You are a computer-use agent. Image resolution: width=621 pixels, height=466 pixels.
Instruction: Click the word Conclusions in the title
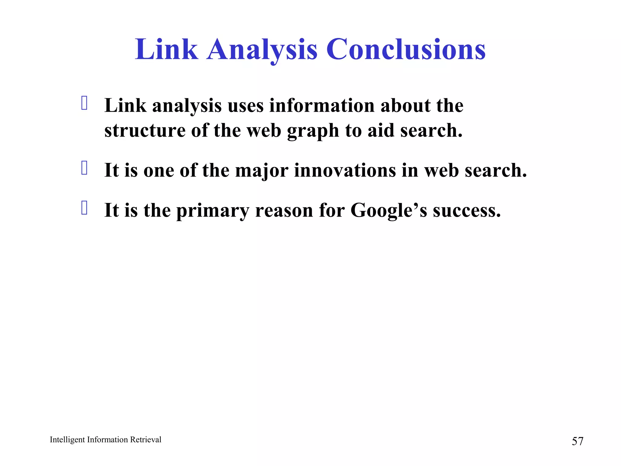tap(406, 49)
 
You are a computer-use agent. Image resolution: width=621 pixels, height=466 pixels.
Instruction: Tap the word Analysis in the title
tap(262, 49)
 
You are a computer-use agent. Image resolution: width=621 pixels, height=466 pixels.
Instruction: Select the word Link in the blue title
tap(166, 49)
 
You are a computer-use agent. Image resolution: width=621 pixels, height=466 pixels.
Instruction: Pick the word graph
tap(313, 131)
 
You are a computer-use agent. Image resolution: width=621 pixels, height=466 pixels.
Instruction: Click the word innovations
tap(345, 170)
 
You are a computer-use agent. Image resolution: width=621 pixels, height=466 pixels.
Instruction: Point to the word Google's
tap(389, 210)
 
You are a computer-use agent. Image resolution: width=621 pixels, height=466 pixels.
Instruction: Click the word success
tap(467, 210)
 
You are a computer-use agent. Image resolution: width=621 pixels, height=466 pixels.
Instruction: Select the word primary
tap(213, 211)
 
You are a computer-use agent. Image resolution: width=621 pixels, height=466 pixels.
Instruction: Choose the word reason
tap(284, 210)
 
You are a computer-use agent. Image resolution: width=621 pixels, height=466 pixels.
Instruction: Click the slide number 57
tap(577, 441)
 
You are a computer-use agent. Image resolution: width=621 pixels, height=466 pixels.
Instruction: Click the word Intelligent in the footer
tap(67, 440)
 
